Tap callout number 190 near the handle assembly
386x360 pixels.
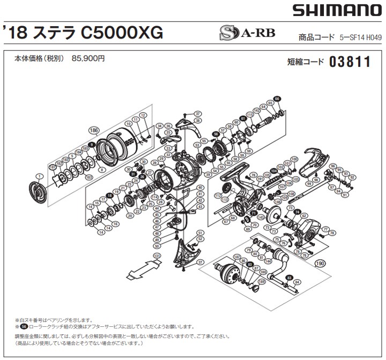(x=321, y=263)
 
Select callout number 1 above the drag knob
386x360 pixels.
(x=39, y=176)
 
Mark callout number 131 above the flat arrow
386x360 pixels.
(x=157, y=257)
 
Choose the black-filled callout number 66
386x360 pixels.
(x=277, y=99)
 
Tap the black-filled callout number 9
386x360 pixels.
(x=92, y=145)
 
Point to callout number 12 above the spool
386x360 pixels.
(x=143, y=116)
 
